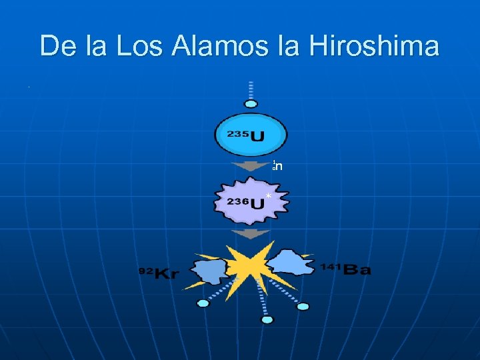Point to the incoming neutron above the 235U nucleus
click(251, 103)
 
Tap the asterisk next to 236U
click(267, 195)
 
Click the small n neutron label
click(278, 166)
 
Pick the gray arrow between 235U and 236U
click(250, 165)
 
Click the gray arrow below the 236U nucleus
click(250, 234)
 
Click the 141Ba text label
click(345, 269)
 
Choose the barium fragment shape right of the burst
click(291, 263)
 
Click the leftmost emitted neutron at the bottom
click(203, 303)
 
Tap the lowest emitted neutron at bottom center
click(267, 320)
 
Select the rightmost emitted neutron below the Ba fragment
click(303, 307)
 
